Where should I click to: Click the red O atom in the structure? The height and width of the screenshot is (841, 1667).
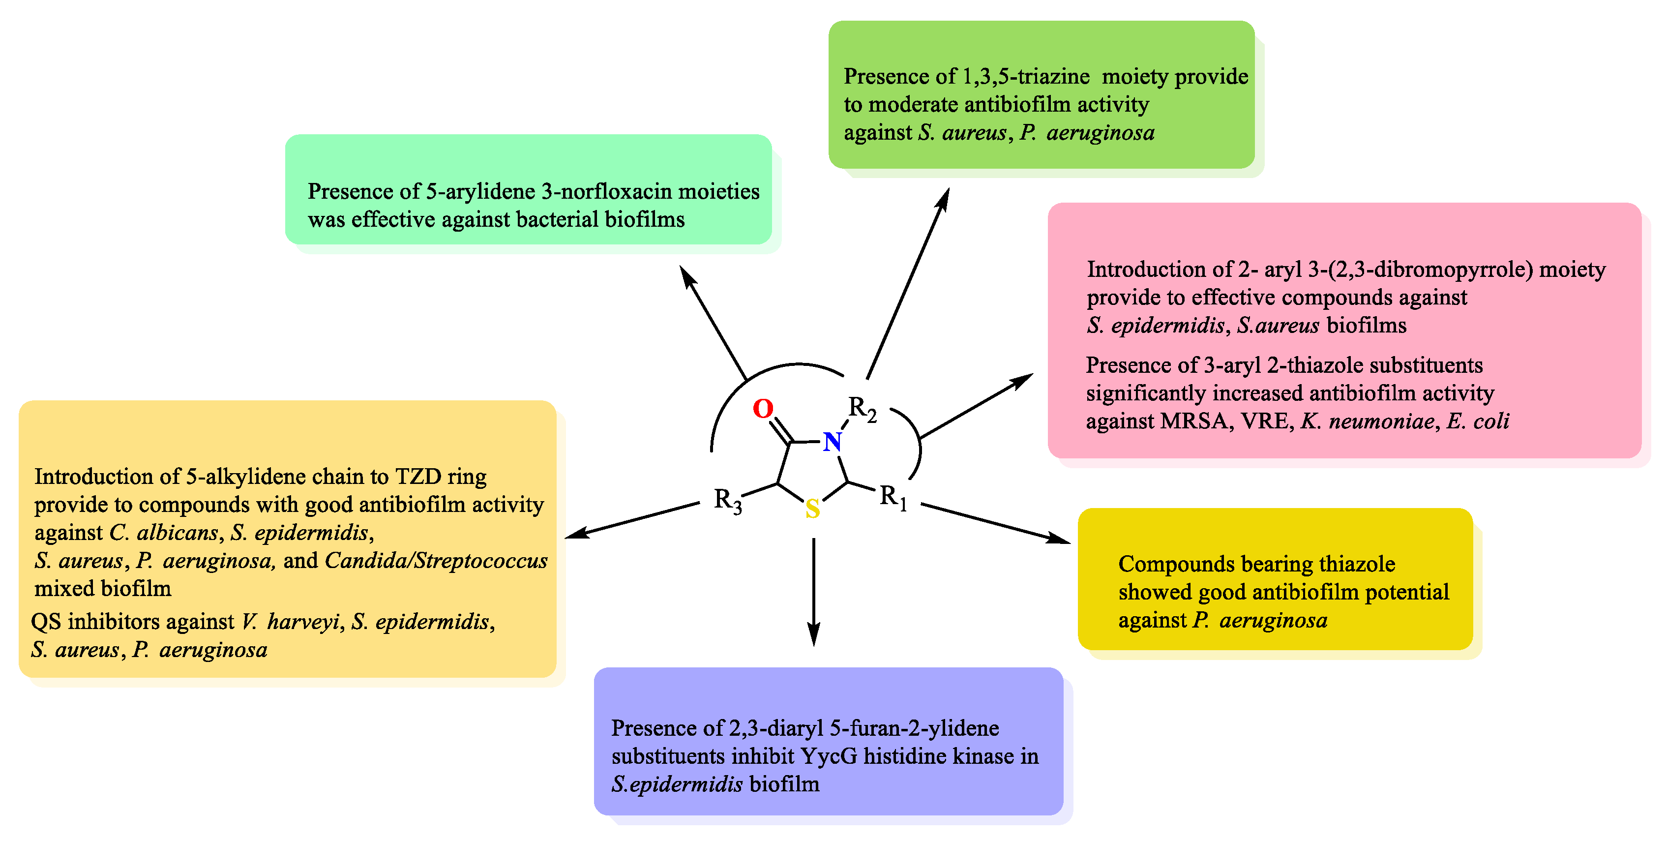tap(763, 409)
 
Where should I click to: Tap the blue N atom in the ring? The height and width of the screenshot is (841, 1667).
tap(832, 442)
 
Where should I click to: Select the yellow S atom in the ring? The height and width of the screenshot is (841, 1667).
tap(813, 510)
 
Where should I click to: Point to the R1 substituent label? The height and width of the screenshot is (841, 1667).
tap(893, 498)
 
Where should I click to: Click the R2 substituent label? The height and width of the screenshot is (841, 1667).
tap(863, 409)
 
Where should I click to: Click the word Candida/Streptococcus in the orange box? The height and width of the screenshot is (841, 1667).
tap(436, 561)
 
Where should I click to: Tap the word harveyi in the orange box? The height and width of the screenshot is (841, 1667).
tap(303, 622)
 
